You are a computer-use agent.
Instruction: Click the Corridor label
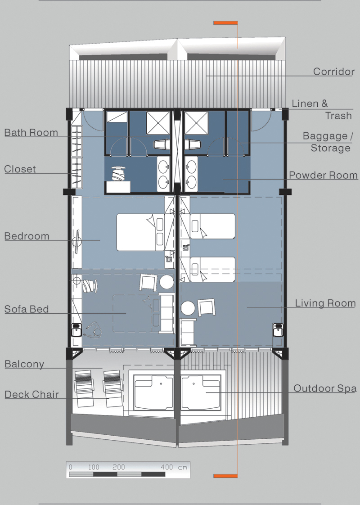334,72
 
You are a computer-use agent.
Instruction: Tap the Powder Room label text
323,175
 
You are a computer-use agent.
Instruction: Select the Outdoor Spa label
325,388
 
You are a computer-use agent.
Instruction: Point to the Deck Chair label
31,395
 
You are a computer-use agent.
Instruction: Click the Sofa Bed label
27,309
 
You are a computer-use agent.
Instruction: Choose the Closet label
20,169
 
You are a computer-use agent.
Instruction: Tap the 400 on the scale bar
167,467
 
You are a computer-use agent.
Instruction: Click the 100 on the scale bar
94,467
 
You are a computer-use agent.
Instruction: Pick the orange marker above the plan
225,23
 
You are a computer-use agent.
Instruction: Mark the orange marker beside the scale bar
225,476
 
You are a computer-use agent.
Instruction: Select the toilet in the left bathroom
161,144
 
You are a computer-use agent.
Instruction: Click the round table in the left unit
167,282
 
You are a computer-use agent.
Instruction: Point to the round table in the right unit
188,308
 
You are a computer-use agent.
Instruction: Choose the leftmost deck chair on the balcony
84,388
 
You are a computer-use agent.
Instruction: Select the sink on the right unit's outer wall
278,330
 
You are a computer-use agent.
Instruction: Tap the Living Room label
325,303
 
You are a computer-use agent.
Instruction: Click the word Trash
338,116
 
